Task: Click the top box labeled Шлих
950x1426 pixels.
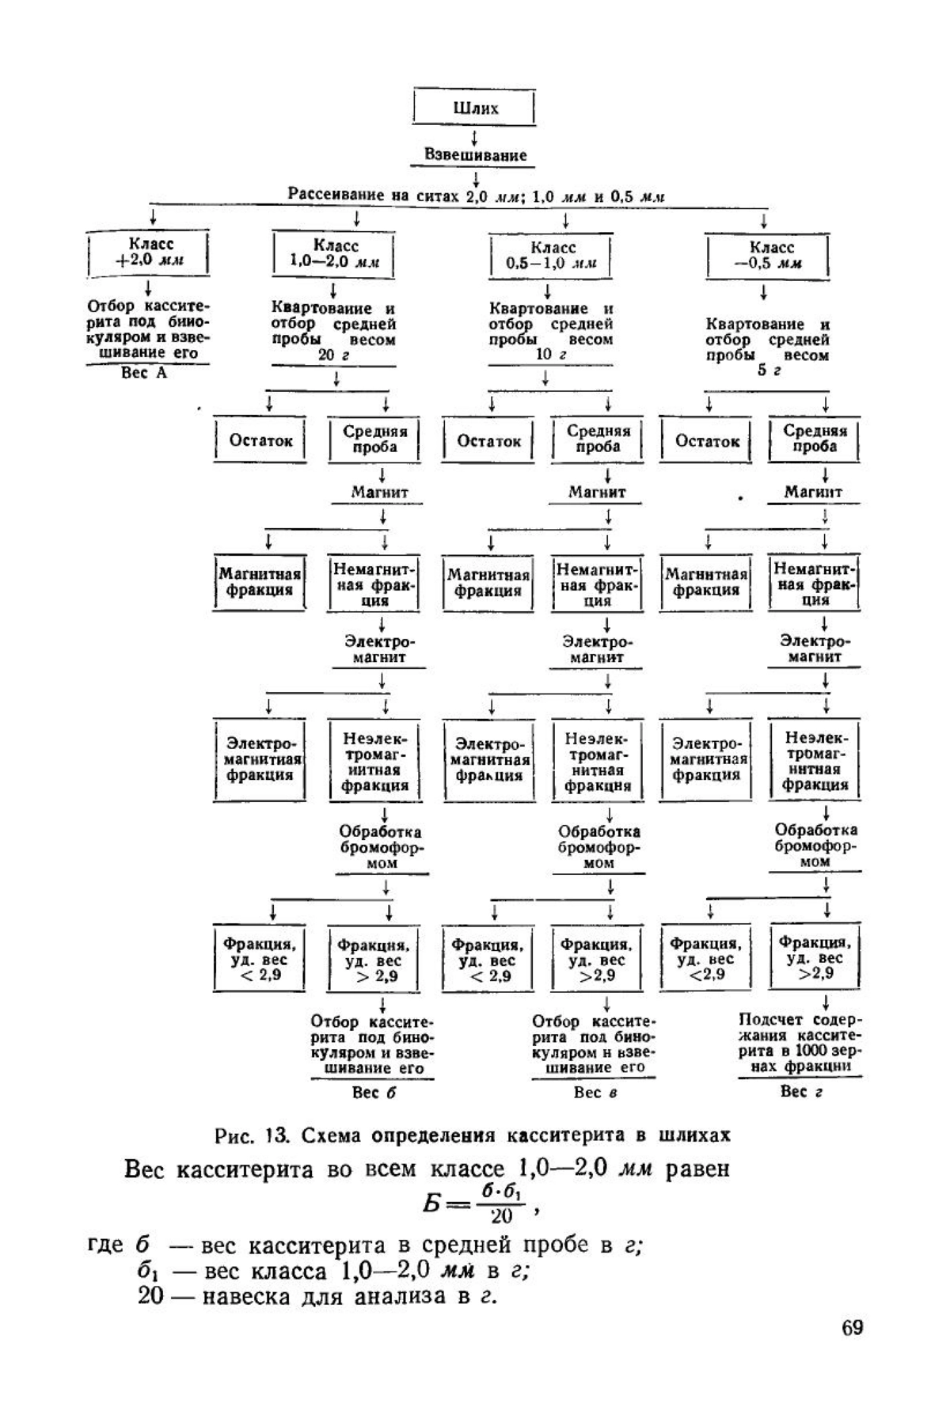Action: (x=474, y=108)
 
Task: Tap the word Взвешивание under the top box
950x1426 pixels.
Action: (x=475, y=155)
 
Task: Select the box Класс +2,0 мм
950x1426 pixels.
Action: (x=148, y=253)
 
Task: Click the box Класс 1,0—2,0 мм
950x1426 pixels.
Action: (x=333, y=254)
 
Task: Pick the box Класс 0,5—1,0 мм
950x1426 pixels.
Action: (x=550, y=255)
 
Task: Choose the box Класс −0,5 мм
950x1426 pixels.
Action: (x=766, y=255)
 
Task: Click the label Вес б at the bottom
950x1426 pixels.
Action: (x=373, y=1093)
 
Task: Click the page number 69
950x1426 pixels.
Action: (x=852, y=1328)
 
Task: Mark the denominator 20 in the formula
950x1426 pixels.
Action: (x=501, y=1215)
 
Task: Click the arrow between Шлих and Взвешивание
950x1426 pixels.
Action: (x=474, y=135)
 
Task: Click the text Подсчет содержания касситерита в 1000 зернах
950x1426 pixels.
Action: (x=800, y=1043)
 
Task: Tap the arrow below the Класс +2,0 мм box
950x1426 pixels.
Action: (x=148, y=287)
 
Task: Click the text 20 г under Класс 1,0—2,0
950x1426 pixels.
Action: (x=333, y=356)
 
